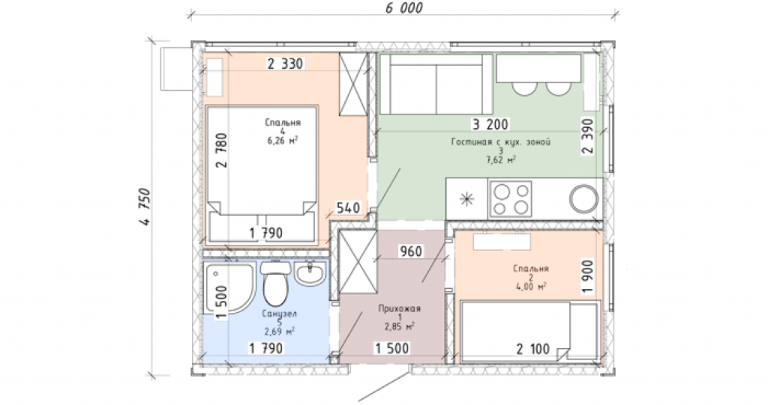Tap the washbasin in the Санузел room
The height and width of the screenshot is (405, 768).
(310, 273)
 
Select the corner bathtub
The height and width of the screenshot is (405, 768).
(229, 288)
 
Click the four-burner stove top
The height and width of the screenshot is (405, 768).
(510, 199)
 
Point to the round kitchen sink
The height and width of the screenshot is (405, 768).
(583, 199)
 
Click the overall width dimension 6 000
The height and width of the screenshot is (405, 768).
(403, 7)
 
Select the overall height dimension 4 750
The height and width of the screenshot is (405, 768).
(145, 206)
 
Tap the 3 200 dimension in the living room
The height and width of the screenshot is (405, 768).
(490, 125)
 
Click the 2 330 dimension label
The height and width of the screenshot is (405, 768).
(285, 64)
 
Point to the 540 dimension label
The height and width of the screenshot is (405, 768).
(348, 208)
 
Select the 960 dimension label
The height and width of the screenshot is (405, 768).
(411, 252)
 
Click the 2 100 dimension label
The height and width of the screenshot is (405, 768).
(533, 350)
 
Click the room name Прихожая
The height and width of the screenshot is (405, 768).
(399, 308)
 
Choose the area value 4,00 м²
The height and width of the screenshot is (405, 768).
(531, 286)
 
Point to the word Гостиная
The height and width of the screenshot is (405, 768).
(471, 141)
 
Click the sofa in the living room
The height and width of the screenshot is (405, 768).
(436, 84)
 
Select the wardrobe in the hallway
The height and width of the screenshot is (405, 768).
(358, 262)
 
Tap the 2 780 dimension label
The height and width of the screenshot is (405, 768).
(222, 150)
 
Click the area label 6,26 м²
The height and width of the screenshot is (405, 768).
(283, 141)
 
